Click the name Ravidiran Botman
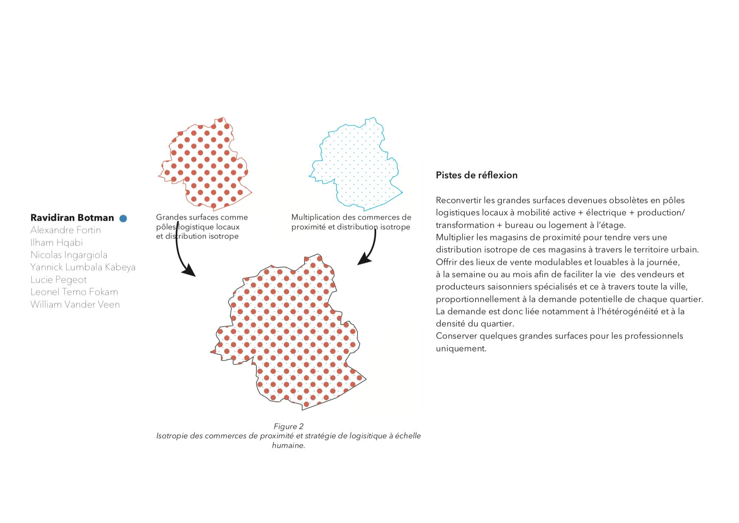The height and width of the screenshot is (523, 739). pyautogui.click(x=72, y=218)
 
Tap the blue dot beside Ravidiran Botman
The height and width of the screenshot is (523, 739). pyautogui.click(x=123, y=219)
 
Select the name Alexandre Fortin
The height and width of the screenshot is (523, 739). pyautogui.click(x=66, y=230)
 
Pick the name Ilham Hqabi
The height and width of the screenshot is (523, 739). pyautogui.click(x=56, y=243)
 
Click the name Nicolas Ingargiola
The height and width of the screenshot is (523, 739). pyautogui.click(x=69, y=255)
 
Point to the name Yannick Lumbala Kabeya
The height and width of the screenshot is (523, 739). pyautogui.click(x=83, y=267)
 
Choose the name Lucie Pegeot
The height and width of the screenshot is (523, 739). pyautogui.click(x=58, y=280)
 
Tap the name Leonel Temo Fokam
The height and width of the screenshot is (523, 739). pyautogui.click(x=74, y=292)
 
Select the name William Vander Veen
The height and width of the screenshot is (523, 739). pyautogui.click(x=75, y=304)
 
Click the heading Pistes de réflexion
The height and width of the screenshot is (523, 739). pyautogui.click(x=476, y=175)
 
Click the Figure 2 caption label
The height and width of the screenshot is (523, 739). pyautogui.click(x=288, y=426)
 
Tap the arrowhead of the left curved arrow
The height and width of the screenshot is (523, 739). pyautogui.click(x=190, y=271)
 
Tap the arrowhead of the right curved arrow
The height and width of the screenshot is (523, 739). pyautogui.click(x=364, y=259)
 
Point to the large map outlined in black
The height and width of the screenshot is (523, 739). pyautogui.click(x=289, y=333)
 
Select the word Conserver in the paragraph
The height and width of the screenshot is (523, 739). pyautogui.click(x=456, y=336)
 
